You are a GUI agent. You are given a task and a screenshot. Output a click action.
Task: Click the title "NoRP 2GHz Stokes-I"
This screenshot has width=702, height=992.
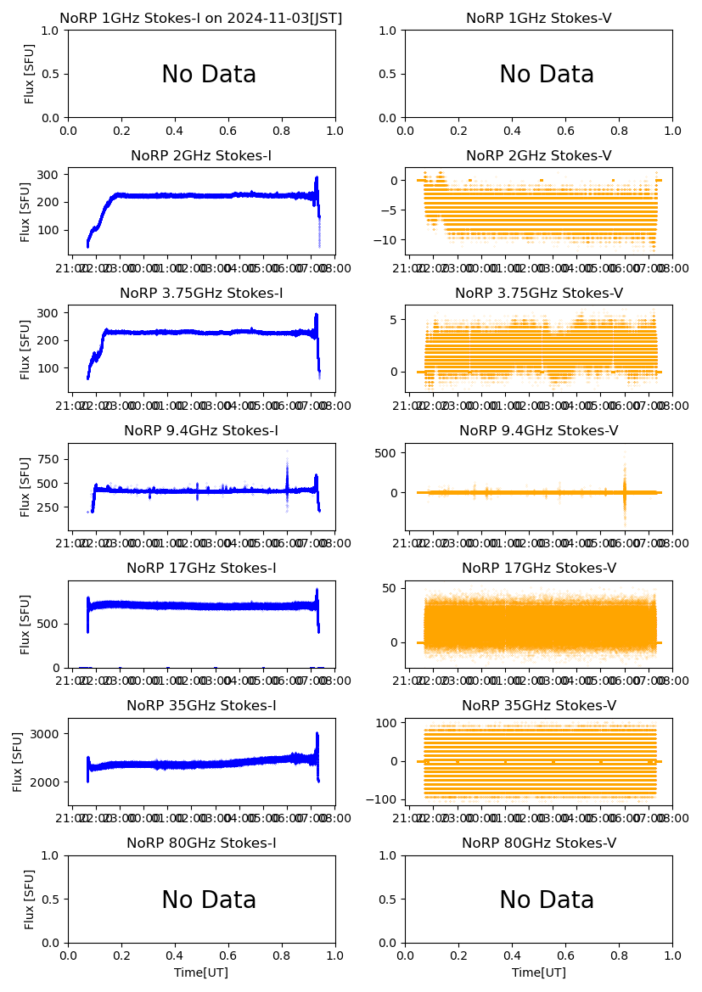201,156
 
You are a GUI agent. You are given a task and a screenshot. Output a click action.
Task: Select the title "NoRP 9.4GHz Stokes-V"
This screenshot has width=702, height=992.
539,431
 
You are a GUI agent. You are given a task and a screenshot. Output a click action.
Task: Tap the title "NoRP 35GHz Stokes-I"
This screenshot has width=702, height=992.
201,706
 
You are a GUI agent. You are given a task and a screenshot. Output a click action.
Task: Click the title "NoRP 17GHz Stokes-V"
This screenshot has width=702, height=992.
539,569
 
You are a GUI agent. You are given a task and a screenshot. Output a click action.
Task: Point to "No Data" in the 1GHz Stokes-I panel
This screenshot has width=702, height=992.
209,75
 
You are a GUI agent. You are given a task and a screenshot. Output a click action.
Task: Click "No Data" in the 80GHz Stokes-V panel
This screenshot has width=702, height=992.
547,900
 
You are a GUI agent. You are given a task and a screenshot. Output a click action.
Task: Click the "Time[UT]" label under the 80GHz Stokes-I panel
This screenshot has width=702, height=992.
201,972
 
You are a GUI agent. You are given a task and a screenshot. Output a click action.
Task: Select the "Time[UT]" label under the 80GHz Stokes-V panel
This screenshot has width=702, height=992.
539,972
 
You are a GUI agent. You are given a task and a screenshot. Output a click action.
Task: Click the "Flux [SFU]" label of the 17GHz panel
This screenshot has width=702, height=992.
25,624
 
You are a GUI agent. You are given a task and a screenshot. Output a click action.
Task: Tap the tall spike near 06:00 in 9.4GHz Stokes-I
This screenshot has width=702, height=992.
287,462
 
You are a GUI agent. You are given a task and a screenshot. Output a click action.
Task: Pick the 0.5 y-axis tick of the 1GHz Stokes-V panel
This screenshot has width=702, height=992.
391,74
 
